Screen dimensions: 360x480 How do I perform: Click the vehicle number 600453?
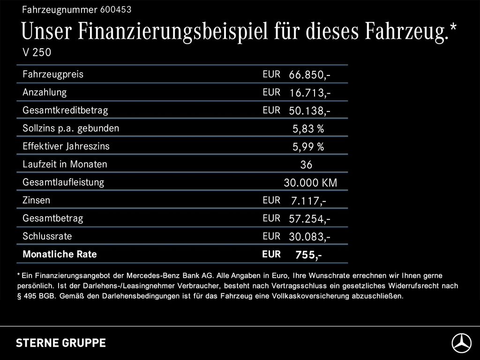(x=116, y=9)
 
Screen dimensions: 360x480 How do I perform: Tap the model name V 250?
(x=37, y=52)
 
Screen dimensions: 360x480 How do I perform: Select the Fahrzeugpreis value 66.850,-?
(x=309, y=75)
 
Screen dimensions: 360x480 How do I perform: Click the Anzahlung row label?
(x=45, y=92)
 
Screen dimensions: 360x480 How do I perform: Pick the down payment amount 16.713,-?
(x=309, y=93)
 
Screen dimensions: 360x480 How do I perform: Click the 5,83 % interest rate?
(x=308, y=129)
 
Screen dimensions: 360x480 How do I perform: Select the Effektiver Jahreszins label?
(x=66, y=146)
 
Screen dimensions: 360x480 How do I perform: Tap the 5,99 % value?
(x=308, y=147)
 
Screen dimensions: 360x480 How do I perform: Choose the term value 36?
(x=306, y=165)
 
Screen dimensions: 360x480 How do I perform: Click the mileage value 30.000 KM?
(x=310, y=183)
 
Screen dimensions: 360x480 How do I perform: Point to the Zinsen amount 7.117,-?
(x=308, y=201)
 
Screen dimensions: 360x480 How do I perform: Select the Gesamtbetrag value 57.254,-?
(x=309, y=219)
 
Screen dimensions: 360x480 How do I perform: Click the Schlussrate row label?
(x=47, y=236)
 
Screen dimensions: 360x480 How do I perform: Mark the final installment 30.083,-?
(x=309, y=237)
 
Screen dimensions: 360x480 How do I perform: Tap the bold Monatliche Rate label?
(x=60, y=255)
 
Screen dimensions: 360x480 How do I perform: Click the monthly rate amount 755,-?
(x=308, y=255)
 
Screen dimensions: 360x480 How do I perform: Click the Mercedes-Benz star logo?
(x=461, y=343)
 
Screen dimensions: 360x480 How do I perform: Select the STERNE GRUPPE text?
(x=61, y=343)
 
